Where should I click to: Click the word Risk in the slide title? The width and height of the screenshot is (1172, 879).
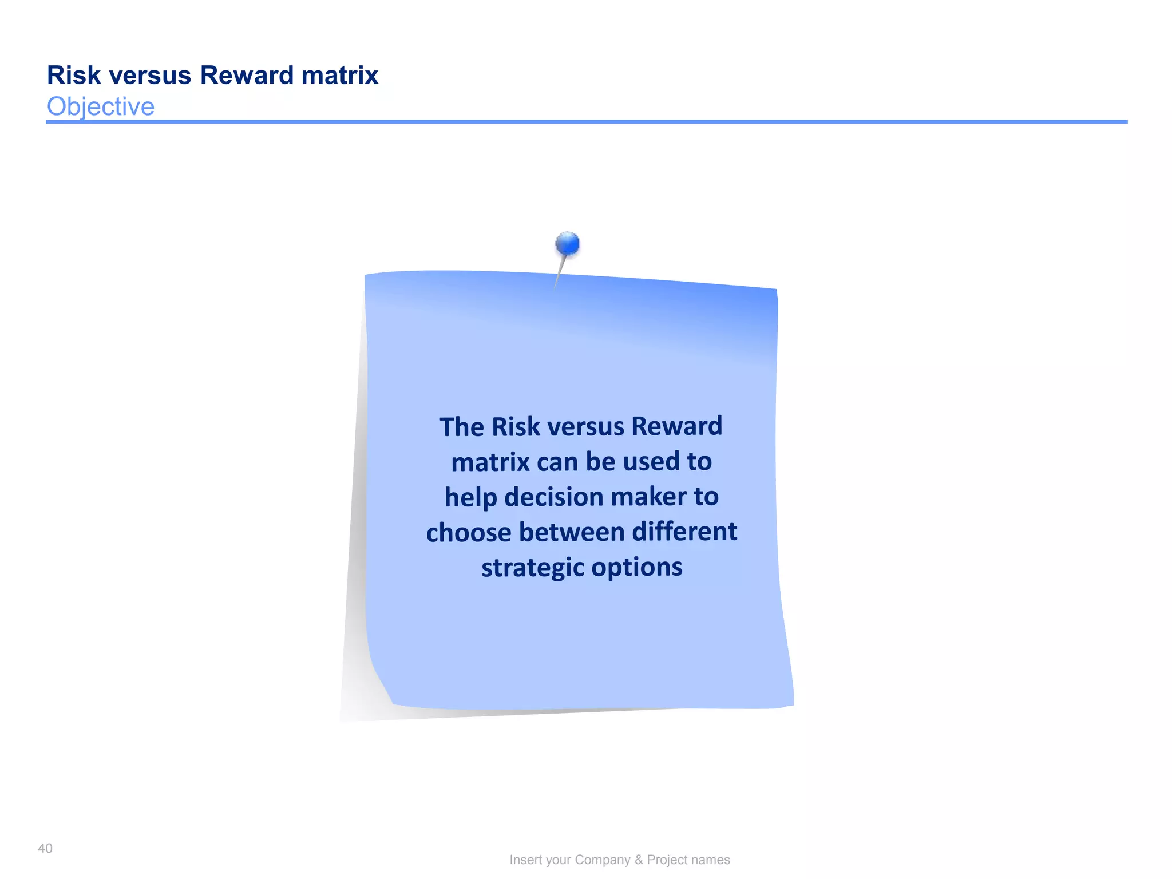pyautogui.click(x=74, y=76)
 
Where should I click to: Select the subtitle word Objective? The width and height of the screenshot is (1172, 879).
pyautogui.click(x=101, y=106)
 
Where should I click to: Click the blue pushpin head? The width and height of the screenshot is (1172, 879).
pyautogui.click(x=568, y=244)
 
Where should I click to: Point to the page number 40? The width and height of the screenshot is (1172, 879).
pyautogui.click(x=45, y=848)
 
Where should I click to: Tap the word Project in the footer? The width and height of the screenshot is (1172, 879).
pyautogui.click(x=667, y=860)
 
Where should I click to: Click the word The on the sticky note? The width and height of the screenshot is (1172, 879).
pyautogui.click(x=461, y=427)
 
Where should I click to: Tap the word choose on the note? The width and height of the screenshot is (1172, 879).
pyautogui.click(x=469, y=532)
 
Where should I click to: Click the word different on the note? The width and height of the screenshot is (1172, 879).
pyautogui.click(x=684, y=532)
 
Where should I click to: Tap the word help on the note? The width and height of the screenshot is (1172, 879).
pyautogui.click(x=470, y=497)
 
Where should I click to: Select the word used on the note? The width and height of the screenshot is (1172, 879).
pyautogui.click(x=651, y=462)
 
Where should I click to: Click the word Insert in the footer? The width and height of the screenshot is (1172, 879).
pyautogui.click(x=526, y=860)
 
